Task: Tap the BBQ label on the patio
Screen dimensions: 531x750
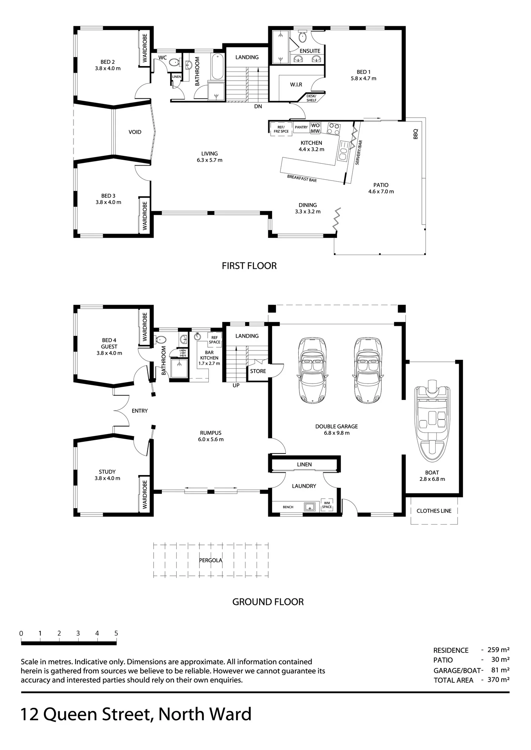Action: pyautogui.click(x=415, y=134)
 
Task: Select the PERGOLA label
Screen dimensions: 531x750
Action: pyautogui.click(x=210, y=560)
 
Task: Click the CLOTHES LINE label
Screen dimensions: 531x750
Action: pyautogui.click(x=434, y=511)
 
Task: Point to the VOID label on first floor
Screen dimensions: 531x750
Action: pyautogui.click(x=135, y=132)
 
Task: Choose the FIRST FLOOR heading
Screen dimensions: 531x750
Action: pyautogui.click(x=249, y=266)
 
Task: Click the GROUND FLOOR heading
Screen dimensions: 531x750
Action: pyautogui.click(x=268, y=602)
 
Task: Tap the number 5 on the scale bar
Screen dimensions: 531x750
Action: pyautogui.click(x=116, y=633)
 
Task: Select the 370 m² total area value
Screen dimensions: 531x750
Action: pyautogui.click(x=498, y=679)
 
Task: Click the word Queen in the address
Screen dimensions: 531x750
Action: pyautogui.click(x=70, y=714)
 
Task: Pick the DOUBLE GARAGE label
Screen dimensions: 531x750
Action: pyautogui.click(x=337, y=426)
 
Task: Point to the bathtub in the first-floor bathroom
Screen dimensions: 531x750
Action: pyautogui.click(x=218, y=67)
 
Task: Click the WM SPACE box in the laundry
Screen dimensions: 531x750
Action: pyautogui.click(x=326, y=505)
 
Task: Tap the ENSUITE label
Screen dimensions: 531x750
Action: pyautogui.click(x=310, y=51)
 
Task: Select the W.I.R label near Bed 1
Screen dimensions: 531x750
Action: pyautogui.click(x=296, y=84)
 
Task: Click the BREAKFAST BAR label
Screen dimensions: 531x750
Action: pyautogui.click(x=302, y=179)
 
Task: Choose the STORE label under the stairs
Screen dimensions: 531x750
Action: pyautogui.click(x=258, y=371)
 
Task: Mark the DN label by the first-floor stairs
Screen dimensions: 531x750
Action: pyautogui.click(x=258, y=106)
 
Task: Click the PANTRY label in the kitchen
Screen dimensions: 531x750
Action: pyautogui.click(x=301, y=127)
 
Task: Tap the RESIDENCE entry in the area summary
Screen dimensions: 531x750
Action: pyautogui.click(x=451, y=650)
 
